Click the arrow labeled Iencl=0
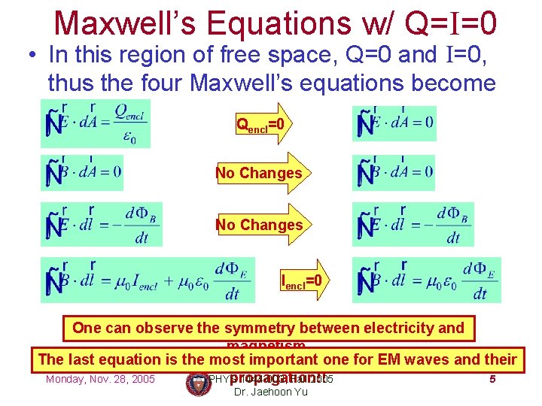305,281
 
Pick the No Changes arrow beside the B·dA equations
260,174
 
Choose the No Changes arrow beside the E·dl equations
260,225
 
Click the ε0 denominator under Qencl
129,138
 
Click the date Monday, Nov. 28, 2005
100,379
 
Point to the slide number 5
492,379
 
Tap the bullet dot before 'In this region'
32,56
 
